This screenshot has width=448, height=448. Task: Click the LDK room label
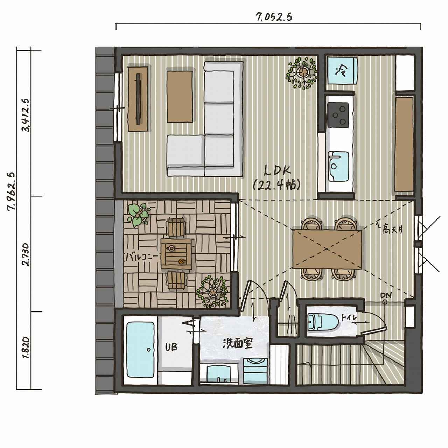pyautogui.click(x=278, y=171)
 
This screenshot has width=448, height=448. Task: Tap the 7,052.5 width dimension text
pyautogui.click(x=274, y=17)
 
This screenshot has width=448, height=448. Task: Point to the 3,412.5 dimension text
pyautogui.click(x=25, y=115)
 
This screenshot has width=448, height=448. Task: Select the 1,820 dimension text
pyautogui.click(x=26, y=348)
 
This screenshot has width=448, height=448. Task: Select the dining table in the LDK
pyautogui.click(x=327, y=249)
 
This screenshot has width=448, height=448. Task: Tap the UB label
pyautogui.click(x=171, y=347)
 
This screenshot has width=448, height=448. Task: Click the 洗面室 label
pyautogui.click(x=238, y=343)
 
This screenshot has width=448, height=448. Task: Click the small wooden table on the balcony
pyautogui.click(x=176, y=254)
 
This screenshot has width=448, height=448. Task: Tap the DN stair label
pyautogui.click(x=386, y=295)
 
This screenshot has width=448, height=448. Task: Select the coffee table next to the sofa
pyautogui.click(x=180, y=97)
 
